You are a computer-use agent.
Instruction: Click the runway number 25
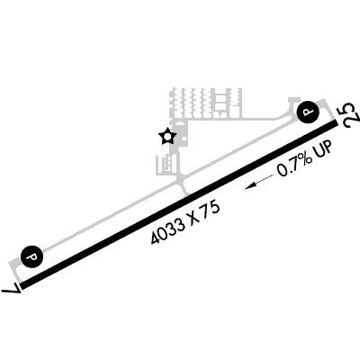[350, 115]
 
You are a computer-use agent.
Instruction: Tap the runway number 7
[12, 290]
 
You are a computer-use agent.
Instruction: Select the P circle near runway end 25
[308, 112]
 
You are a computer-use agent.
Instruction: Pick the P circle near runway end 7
[31, 257]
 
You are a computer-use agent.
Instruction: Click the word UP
[323, 149]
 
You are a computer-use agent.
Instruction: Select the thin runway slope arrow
[259, 182]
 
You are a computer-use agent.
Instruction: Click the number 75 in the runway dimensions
[211, 210]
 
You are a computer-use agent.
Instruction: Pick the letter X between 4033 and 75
[194, 219]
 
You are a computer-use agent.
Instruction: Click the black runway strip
[179, 204]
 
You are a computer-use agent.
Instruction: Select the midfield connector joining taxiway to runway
[182, 186]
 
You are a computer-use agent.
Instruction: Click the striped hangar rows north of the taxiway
[206, 103]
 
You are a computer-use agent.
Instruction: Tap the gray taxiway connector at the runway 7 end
[14, 271]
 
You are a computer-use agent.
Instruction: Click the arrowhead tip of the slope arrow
[245, 189]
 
